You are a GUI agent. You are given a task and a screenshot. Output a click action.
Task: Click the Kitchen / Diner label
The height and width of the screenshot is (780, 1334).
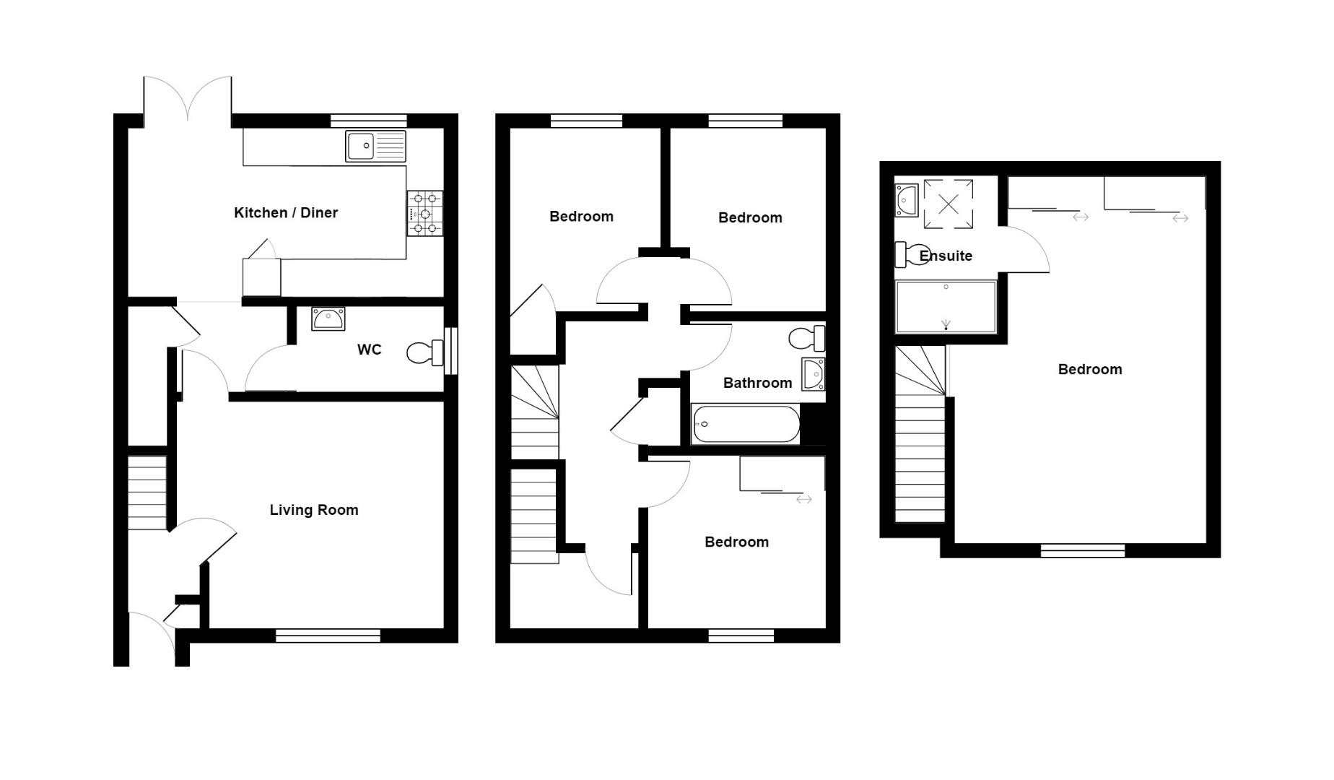pyautogui.click(x=286, y=213)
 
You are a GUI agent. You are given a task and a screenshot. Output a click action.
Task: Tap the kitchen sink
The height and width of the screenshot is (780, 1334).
pyautogui.click(x=375, y=146)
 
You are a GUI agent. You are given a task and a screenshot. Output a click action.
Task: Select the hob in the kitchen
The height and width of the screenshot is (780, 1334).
pyautogui.click(x=425, y=213)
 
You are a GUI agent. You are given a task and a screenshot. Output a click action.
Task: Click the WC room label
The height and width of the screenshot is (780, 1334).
pyautogui.click(x=369, y=350)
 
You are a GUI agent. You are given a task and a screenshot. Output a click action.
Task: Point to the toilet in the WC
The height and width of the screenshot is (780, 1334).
pyautogui.click(x=424, y=352)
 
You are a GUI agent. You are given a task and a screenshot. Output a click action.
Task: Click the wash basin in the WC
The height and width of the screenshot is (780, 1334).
pyautogui.click(x=328, y=318)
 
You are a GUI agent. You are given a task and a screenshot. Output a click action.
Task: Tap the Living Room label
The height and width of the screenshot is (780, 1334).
pyautogui.click(x=314, y=511)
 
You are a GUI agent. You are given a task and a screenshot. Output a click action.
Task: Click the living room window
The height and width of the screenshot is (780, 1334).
pyautogui.click(x=328, y=636)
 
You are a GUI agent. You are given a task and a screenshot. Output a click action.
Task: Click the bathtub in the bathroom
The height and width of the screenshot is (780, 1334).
pyautogui.click(x=746, y=424)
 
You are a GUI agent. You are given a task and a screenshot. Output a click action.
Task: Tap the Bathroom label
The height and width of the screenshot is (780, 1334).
pyautogui.click(x=757, y=383)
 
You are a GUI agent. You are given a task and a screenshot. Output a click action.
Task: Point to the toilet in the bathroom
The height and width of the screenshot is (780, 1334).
pyautogui.click(x=806, y=337)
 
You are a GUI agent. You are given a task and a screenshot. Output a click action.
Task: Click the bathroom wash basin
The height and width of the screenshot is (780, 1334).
pyautogui.click(x=814, y=373)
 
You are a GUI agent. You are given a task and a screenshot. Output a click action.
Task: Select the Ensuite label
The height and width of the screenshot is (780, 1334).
pyautogui.click(x=946, y=256)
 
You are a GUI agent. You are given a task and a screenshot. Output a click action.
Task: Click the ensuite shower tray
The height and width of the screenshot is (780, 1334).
pyautogui.click(x=946, y=307)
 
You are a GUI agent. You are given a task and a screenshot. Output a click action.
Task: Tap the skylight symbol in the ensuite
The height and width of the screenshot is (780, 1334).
pyautogui.click(x=949, y=204)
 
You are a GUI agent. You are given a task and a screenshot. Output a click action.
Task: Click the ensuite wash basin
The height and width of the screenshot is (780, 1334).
pyautogui.click(x=907, y=200)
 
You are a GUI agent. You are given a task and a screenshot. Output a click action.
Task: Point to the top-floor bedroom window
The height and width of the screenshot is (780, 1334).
pyautogui.click(x=1082, y=550)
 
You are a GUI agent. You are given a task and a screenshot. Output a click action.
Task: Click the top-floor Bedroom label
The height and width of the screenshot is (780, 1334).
pyautogui.click(x=1090, y=370)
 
